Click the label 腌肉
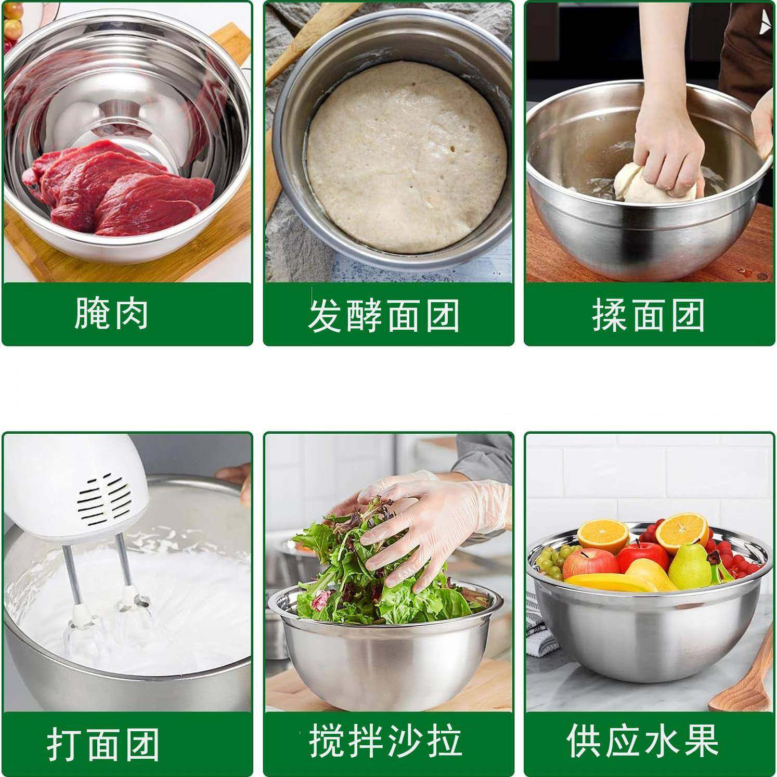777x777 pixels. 111,314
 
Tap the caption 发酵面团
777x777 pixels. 384,316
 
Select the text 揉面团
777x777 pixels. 648,315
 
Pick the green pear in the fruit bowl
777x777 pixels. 689,564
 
